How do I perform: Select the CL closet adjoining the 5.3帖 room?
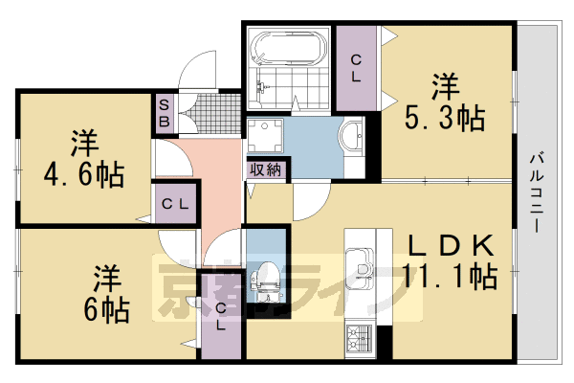click(x=356, y=69)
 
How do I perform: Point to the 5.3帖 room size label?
click(x=442, y=103)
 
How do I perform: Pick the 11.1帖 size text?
click(x=449, y=278)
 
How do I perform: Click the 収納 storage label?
click(x=266, y=170)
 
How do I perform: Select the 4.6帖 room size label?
click(x=83, y=163)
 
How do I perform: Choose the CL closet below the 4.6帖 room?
click(x=174, y=204)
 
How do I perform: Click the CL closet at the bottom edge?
click(x=221, y=316)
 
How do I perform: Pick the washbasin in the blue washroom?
click(x=351, y=134)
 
